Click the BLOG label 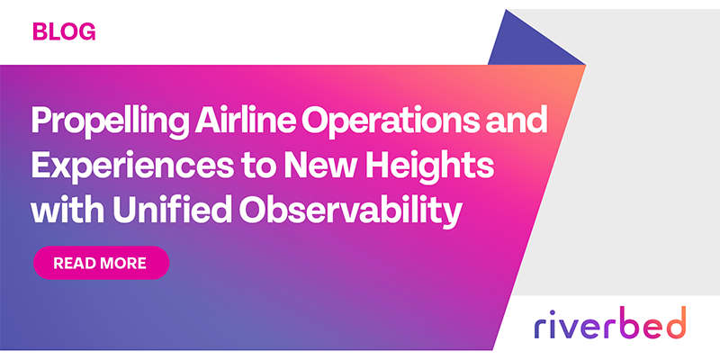click(x=64, y=32)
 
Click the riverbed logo click(x=608, y=322)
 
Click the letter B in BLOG click(x=40, y=32)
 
